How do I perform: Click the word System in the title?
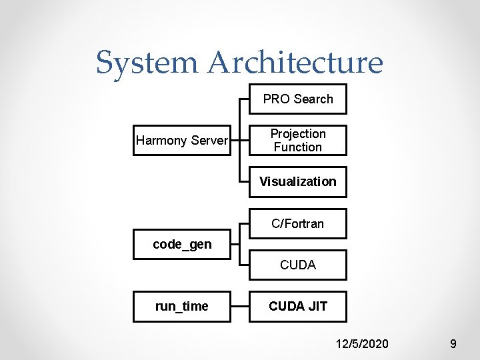(x=147, y=63)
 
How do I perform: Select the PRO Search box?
(x=298, y=99)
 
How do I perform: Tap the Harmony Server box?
(x=182, y=141)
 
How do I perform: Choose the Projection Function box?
(x=298, y=141)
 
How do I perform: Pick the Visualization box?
(x=298, y=181)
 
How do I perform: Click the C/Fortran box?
(x=298, y=223)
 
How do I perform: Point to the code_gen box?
(x=182, y=245)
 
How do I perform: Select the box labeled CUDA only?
(x=298, y=265)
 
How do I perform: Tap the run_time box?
(x=182, y=307)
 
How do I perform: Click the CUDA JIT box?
(x=298, y=307)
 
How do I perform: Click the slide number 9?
(x=453, y=344)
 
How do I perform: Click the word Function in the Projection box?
(x=298, y=147)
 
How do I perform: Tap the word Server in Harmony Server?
(x=209, y=141)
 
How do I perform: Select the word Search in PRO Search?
(x=313, y=99)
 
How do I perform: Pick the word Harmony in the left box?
(x=162, y=141)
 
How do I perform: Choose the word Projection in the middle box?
(x=298, y=134)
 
